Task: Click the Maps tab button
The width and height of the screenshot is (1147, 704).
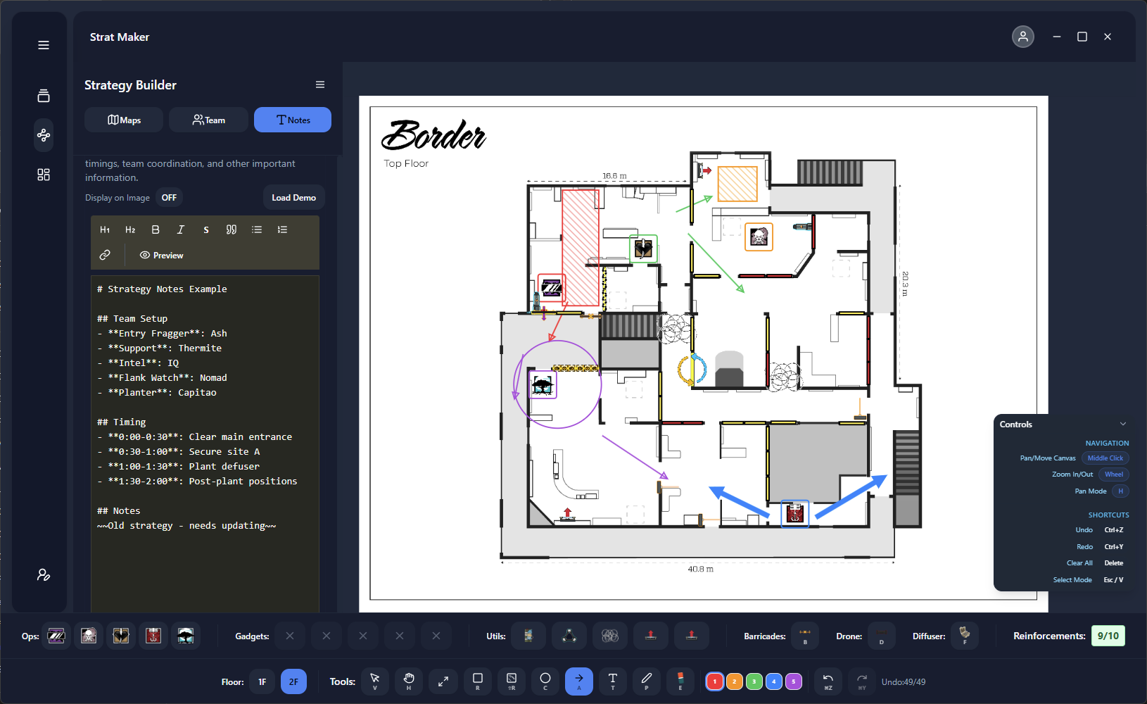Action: coord(124,120)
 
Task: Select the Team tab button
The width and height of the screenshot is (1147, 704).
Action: coord(208,120)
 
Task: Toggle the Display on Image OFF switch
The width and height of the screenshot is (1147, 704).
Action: coord(169,198)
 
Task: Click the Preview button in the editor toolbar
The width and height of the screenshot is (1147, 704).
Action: coord(161,255)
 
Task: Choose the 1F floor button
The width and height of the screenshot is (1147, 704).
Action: coord(262,681)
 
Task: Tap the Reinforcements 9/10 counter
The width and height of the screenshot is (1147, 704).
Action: coord(1108,636)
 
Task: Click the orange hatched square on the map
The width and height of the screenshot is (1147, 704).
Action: coord(737,184)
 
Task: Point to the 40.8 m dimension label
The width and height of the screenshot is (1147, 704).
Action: coord(700,569)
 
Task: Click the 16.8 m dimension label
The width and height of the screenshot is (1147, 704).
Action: coord(614,176)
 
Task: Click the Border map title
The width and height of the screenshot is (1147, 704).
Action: coord(433,135)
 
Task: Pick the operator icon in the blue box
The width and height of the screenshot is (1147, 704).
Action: coord(795,513)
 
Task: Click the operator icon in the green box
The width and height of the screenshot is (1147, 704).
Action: coord(643,249)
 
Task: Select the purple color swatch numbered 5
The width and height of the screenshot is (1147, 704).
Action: coord(793,681)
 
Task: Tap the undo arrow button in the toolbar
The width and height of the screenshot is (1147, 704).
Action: coord(828,681)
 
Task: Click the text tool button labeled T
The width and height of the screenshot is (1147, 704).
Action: coord(612,681)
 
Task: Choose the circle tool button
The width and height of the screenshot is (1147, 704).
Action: coord(545,681)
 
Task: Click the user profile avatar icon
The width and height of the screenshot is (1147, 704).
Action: coord(1022,37)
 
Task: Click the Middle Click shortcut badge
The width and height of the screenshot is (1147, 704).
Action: coord(1105,458)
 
